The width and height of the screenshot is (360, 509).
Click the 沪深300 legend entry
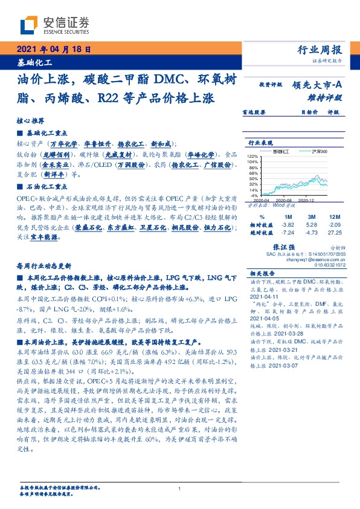303,151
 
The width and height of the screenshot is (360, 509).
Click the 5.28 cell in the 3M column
312,224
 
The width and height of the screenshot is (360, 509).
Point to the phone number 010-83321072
330,265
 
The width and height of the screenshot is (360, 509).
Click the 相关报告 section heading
262,274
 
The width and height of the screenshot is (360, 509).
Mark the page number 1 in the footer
180,488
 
